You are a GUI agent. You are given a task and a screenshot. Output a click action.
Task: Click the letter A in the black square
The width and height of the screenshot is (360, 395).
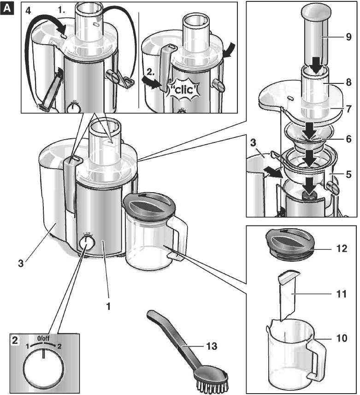point(7,7)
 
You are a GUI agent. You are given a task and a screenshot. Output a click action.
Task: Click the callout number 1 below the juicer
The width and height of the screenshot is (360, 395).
point(109,306)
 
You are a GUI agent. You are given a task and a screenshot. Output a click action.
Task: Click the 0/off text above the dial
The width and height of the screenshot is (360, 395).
point(43,339)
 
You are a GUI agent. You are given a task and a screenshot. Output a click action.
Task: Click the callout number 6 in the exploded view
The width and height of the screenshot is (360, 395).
point(349,138)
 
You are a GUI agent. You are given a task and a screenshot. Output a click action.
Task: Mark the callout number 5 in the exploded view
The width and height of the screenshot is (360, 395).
point(349,175)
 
